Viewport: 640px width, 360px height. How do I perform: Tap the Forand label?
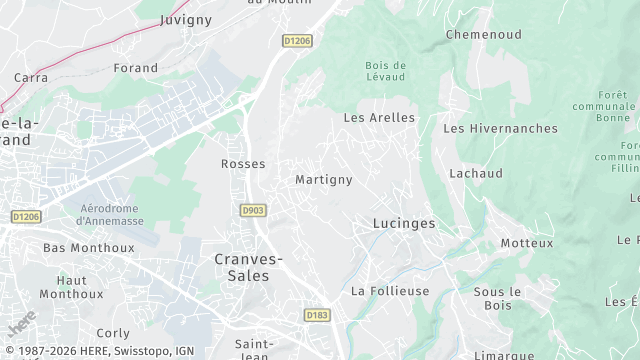pyautogui.click(x=136, y=68)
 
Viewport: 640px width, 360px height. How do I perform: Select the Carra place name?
pyautogui.click(x=31, y=77)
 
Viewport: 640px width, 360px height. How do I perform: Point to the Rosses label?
pyautogui.click(x=243, y=163)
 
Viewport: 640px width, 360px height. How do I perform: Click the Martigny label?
pyautogui.click(x=324, y=180)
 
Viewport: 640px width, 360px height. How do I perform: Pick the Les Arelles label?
pyautogui.click(x=379, y=117)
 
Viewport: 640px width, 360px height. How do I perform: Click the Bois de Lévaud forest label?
pyautogui.click(x=384, y=71)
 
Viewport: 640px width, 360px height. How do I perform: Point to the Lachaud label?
pyautogui.click(x=476, y=173)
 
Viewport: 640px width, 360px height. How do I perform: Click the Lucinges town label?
pyautogui.click(x=403, y=223)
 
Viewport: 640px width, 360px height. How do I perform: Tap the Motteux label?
pyautogui.click(x=526, y=243)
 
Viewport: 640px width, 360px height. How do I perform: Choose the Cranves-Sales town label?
pyautogui.click(x=249, y=266)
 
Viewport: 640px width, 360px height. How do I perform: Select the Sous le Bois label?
pyautogui.click(x=498, y=297)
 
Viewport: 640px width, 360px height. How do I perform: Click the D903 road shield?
pyautogui.click(x=253, y=210)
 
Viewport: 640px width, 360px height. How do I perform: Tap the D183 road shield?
pyautogui.click(x=316, y=314)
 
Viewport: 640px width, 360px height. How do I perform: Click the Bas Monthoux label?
pyautogui.click(x=75, y=247)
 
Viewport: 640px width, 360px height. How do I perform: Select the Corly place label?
pyautogui.click(x=113, y=333)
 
